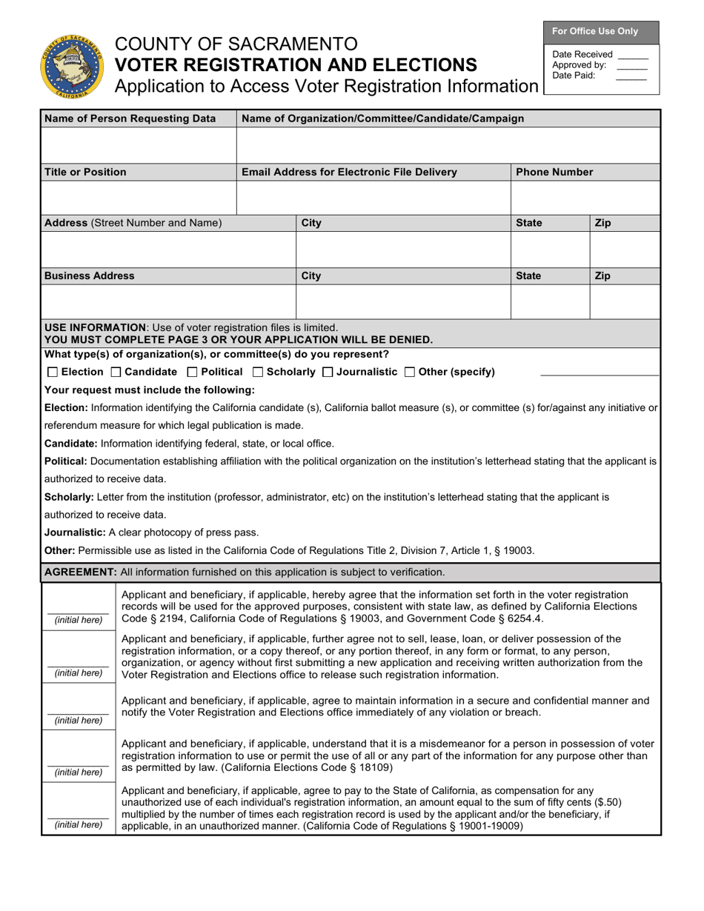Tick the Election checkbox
click(x=51, y=372)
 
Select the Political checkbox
click(x=192, y=372)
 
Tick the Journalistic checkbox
click(x=328, y=372)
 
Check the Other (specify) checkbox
click(x=410, y=372)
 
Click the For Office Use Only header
click(x=601, y=32)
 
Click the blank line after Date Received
click(x=632, y=56)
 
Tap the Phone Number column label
click(x=554, y=172)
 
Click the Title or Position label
click(x=85, y=172)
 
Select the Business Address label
click(x=90, y=276)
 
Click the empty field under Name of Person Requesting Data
click(x=139, y=145)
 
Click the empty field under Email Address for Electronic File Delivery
click(x=373, y=198)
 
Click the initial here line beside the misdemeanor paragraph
click(x=79, y=764)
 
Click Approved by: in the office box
click(x=579, y=65)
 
